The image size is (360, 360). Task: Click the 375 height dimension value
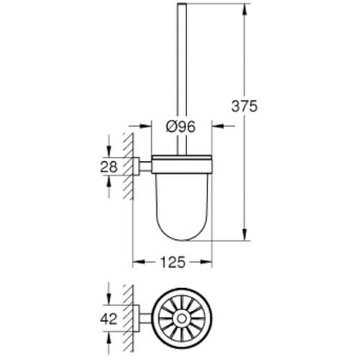(243, 105)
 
